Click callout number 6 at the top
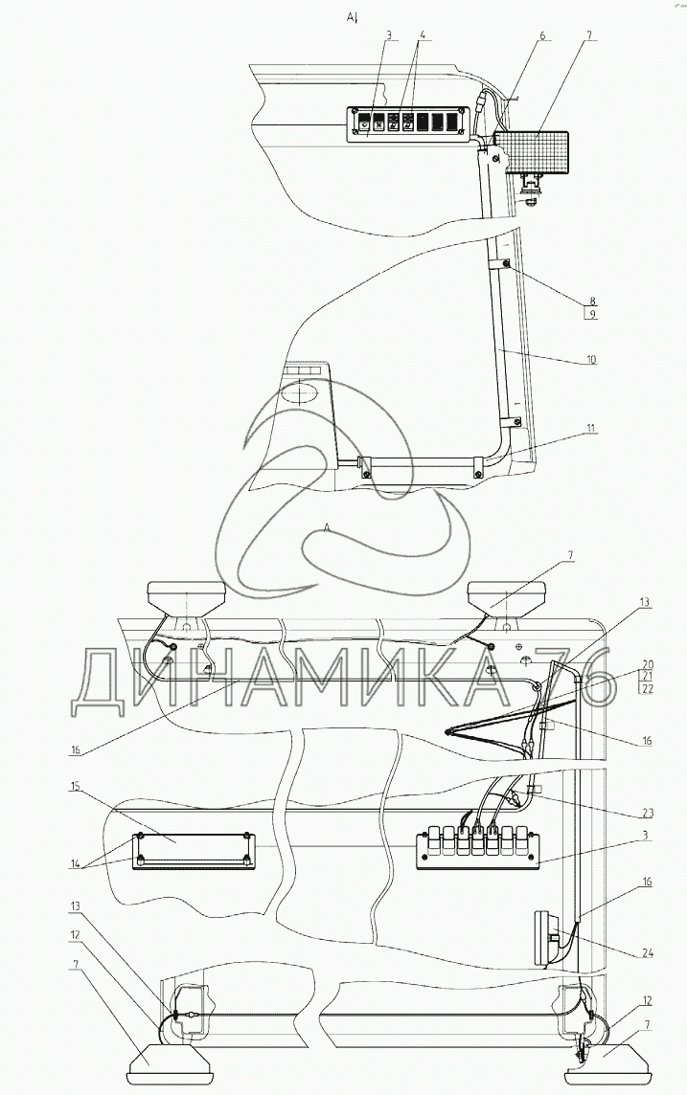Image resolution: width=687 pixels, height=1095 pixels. pos(541,36)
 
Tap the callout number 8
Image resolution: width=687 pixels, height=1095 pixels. pos(591,299)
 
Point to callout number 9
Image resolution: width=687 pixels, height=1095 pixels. pos(591,312)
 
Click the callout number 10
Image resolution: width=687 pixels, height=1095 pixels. pos(591,360)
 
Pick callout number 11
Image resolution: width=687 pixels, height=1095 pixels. pos(591,428)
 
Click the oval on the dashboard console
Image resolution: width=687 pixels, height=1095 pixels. pos(304,393)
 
